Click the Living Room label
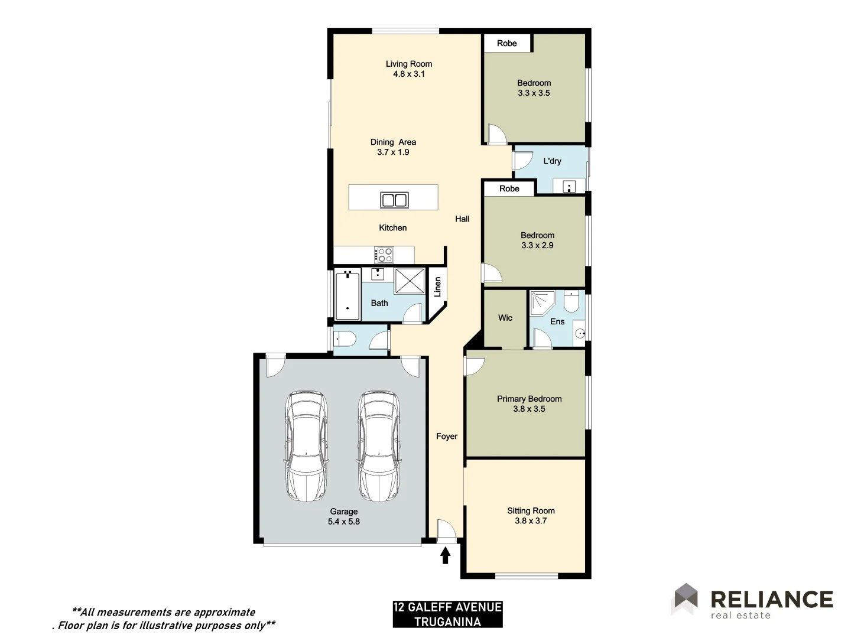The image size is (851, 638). pos(408,64)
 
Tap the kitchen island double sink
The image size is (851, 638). pos(394,200)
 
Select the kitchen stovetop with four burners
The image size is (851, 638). pos(385,255)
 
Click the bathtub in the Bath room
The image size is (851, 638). pos(347,295)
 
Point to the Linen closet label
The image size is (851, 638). pos(438,287)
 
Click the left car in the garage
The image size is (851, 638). pos(306,446)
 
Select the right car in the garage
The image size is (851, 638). pos(378,446)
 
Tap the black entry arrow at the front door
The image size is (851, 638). pos(445,555)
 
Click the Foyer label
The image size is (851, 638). pos(447,437)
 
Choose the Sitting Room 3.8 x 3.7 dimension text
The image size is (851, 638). pos(531,521)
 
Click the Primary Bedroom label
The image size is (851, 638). pos(529,399)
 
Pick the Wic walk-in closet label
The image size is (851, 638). pos(505,318)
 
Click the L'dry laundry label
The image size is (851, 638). pos(552,161)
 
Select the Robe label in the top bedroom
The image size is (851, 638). pos(506,43)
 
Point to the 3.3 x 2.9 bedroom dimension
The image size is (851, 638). pos(537,245)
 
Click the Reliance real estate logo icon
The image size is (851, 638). pos(686,598)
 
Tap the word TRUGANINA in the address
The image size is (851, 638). pos(447,621)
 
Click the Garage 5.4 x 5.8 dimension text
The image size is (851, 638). pos(343,522)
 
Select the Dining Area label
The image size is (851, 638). pos(393,142)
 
